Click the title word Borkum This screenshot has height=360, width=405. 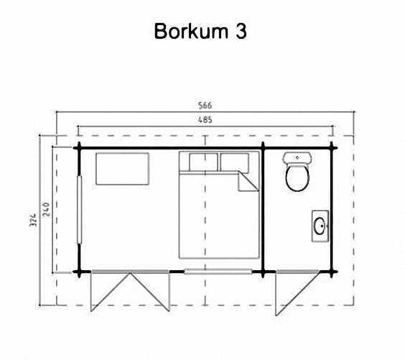click(x=191, y=31)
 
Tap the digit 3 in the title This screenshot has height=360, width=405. click(x=241, y=32)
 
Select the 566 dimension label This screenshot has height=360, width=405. click(x=205, y=106)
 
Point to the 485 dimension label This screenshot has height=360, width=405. click(x=205, y=120)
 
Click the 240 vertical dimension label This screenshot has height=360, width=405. click(x=46, y=209)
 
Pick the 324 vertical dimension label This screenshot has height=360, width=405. click(x=33, y=220)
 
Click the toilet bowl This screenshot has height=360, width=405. click(x=297, y=177)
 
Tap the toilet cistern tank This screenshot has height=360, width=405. click(x=297, y=157)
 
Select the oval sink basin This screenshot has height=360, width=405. click(x=320, y=226)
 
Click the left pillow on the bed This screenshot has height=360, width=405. click(x=203, y=162)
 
